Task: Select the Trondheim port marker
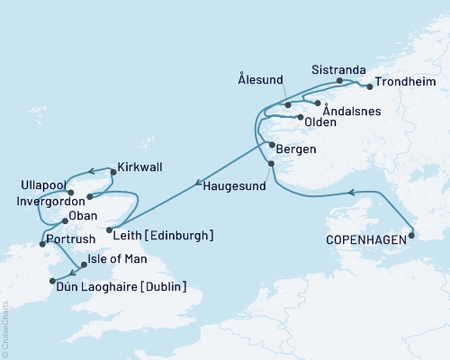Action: pyautogui.click(x=370, y=87)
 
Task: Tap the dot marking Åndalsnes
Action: pyautogui.click(x=317, y=103)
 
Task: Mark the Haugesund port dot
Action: pyautogui.click(x=272, y=163)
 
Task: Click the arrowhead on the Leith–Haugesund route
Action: pyautogui.click(x=196, y=184)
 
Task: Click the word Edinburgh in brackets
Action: pyautogui.click(x=183, y=235)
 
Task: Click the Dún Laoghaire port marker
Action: pyautogui.click(x=52, y=282)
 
